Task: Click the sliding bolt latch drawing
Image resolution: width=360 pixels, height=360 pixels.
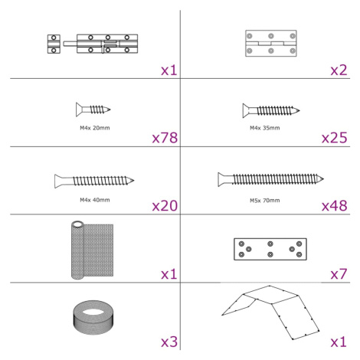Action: click(x=93, y=44)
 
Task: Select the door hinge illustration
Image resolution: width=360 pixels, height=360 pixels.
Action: click(x=271, y=43)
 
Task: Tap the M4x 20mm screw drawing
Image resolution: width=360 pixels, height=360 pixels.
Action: click(x=93, y=110)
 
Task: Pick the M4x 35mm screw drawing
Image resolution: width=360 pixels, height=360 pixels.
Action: click(x=271, y=110)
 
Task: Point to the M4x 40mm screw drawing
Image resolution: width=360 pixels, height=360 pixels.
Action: click(x=94, y=181)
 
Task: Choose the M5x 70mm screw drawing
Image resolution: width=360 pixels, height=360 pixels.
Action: click(x=270, y=179)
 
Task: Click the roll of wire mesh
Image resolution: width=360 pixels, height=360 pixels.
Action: click(x=92, y=250)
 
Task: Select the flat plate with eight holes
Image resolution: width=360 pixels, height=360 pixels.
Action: click(x=270, y=249)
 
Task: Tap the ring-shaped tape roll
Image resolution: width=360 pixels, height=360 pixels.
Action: click(x=93, y=317)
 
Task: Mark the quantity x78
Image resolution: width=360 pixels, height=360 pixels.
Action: click(x=165, y=138)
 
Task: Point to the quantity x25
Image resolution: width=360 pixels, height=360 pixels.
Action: click(x=335, y=138)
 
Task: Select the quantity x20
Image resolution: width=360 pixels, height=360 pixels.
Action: click(x=165, y=206)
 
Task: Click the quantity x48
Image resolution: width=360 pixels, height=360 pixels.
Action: click(x=335, y=206)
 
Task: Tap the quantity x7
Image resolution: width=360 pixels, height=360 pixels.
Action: click(x=339, y=274)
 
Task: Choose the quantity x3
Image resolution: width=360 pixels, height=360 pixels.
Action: click(x=169, y=342)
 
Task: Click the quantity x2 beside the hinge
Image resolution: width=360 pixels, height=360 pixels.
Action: click(x=339, y=70)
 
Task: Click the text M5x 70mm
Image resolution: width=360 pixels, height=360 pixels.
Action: click(x=265, y=201)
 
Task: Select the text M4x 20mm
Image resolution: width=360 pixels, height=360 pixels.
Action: click(x=95, y=128)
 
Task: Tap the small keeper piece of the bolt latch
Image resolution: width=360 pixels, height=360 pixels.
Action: click(x=54, y=44)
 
